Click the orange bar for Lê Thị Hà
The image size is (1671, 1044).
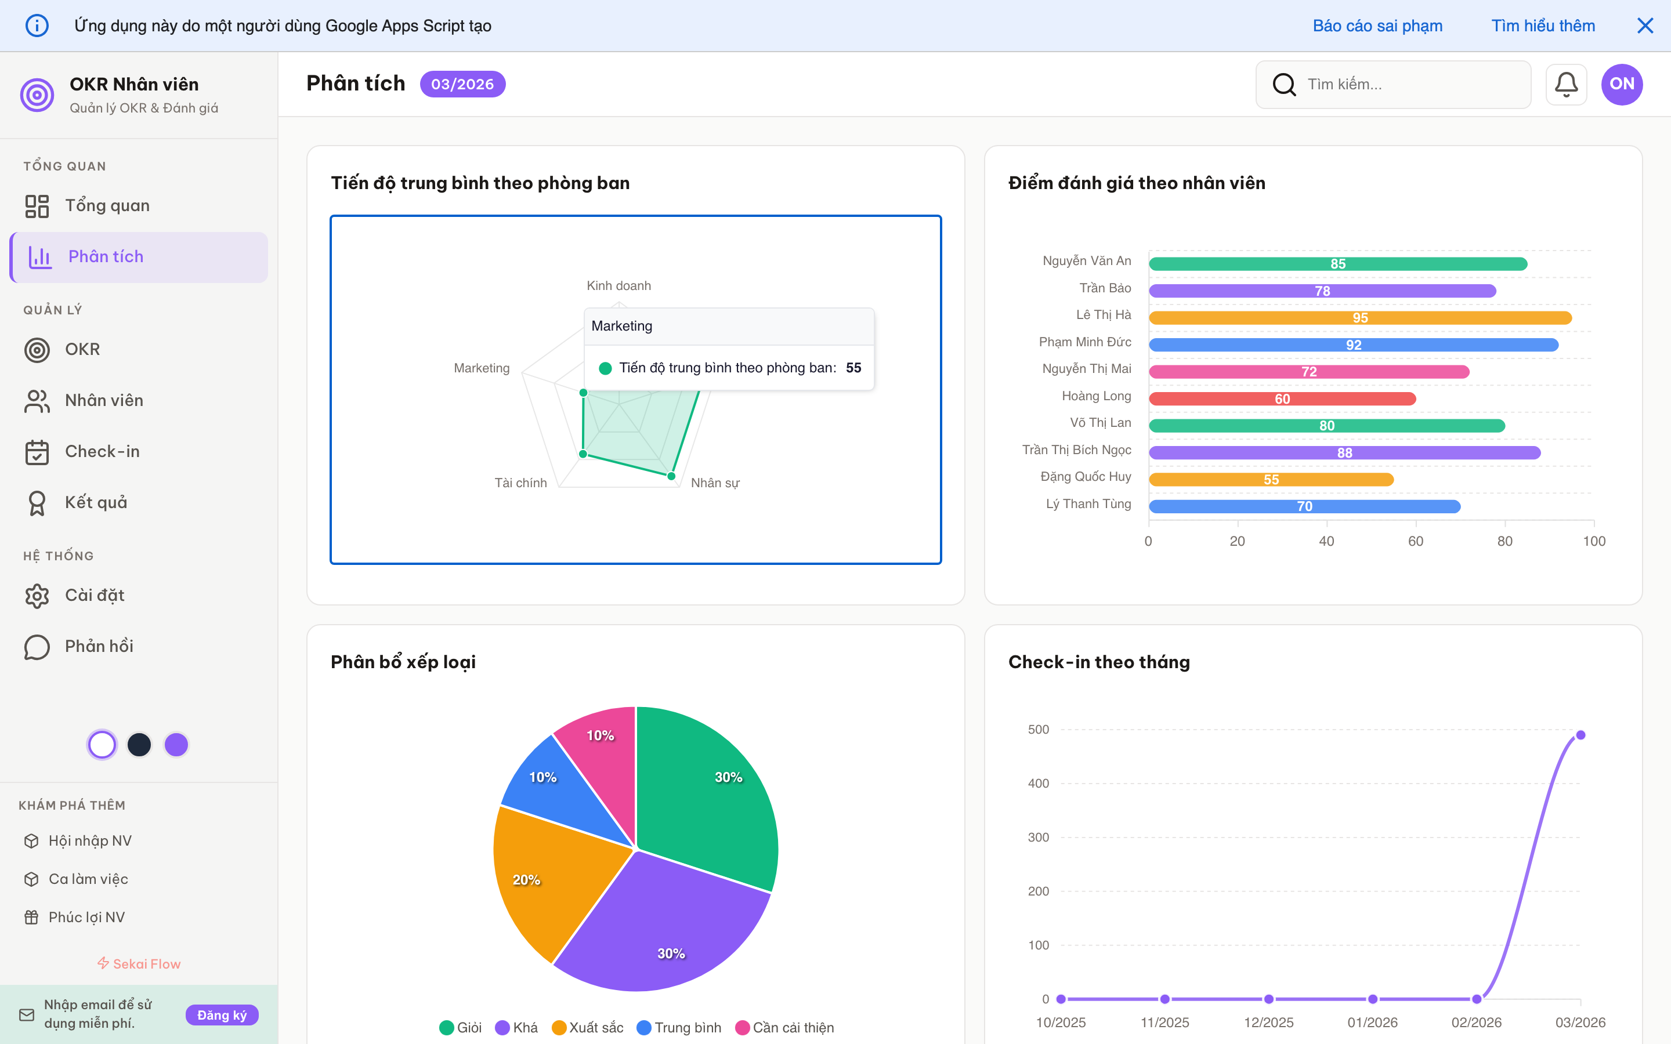pyautogui.click(x=1359, y=318)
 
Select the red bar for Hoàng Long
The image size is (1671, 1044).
pyautogui.click(x=1282, y=398)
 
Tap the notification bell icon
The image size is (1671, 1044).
pyautogui.click(x=1565, y=84)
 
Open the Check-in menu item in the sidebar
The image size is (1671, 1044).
pyautogui.click(x=102, y=452)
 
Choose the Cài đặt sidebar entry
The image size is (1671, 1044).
pyautogui.click(x=95, y=595)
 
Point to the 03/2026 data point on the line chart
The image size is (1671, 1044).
pyautogui.click(x=1580, y=735)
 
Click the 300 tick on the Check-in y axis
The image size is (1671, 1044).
pyautogui.click(x=1038, y=837)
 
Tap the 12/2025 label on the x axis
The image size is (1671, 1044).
pyautogui.click(x=1268, y=1022)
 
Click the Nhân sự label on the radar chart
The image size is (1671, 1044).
pyautogui.click(x=715, y=483)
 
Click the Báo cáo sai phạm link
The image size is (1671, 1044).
pyautogui.click(x=1377, y=26)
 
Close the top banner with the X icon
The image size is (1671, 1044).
pyautogui.click(x=1645, y=26)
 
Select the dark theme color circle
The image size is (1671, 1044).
pyautogui.click(x=139, y=744)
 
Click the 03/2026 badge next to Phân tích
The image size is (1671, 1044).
pyautogui.click(x=462, y=84)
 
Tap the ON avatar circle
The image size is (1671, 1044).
pyautogui.click(x=1621, y=84)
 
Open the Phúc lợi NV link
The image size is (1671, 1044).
pyautogui.click(x=86, y=917)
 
